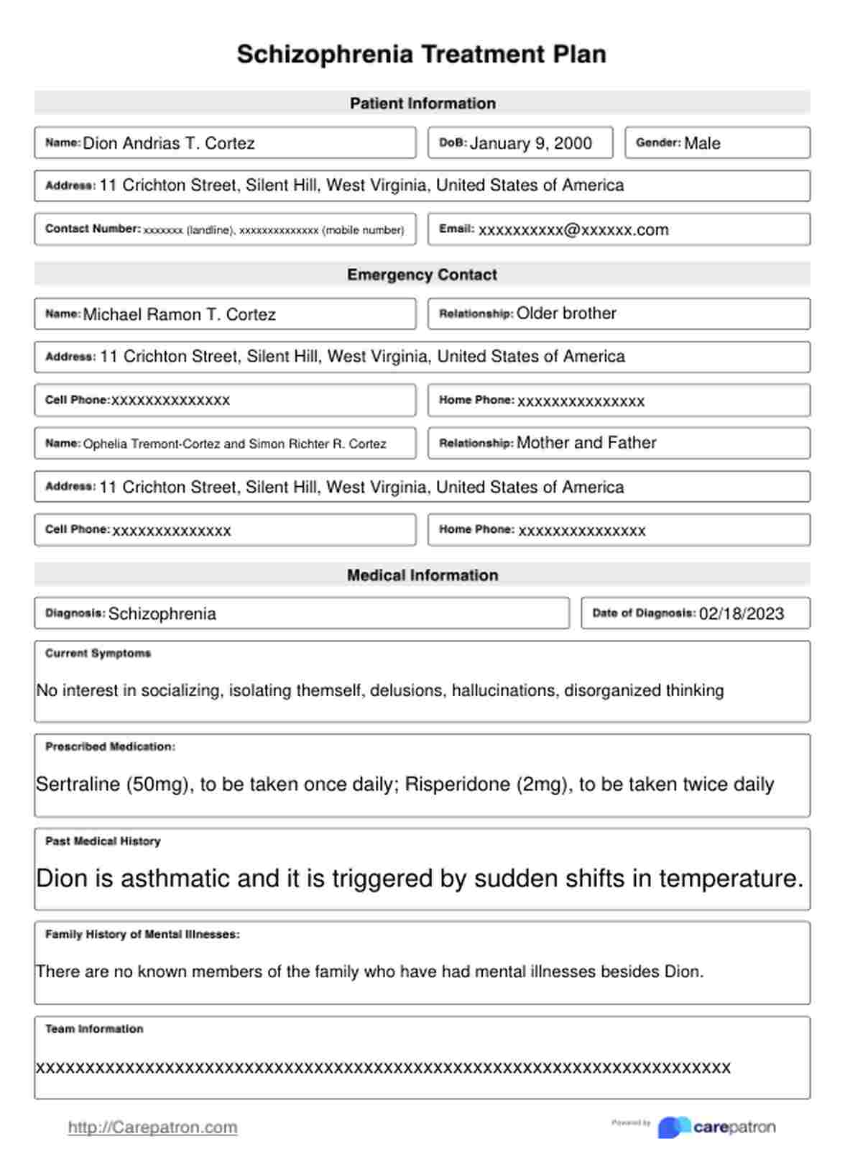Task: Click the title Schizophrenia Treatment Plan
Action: (422, 55)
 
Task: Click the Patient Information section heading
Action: (422, 104)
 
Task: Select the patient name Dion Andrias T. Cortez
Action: (169, 143)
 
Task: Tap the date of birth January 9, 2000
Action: (530, 143)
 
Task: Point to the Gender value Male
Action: (702, 143)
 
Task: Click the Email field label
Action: (456, 229)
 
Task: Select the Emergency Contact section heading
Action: (422, 275)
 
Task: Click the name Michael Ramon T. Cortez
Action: (179, 314)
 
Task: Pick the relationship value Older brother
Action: (566, 313)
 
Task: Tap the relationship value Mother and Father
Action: (586, 443)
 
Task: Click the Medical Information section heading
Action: (422, 575)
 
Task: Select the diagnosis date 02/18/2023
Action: (742, 613)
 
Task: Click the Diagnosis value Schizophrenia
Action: (162, 613)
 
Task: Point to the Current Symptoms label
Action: (98, 654)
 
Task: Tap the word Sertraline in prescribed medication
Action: (78, 784)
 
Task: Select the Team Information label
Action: (94, 1029)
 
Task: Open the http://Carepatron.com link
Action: (152, 1127)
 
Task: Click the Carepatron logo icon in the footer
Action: (673, 1127)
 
